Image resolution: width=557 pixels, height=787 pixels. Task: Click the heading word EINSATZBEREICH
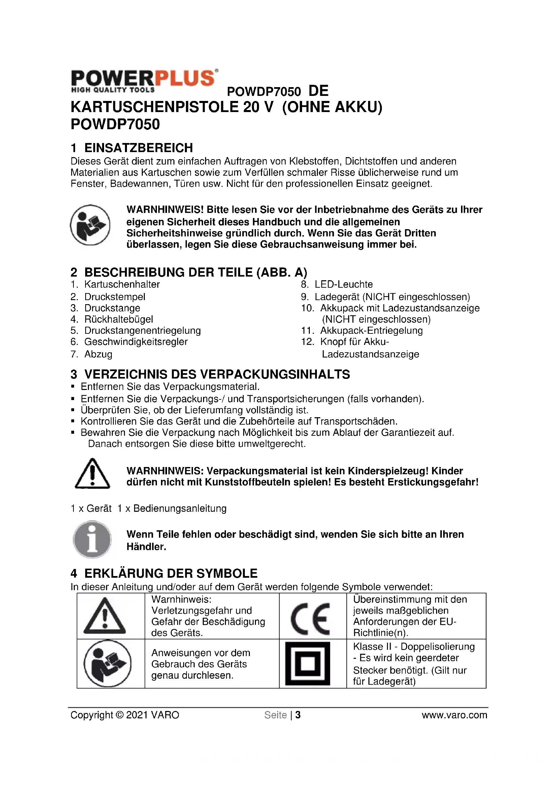click(138, 148)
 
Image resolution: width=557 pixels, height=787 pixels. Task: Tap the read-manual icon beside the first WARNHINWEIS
click(90, 225)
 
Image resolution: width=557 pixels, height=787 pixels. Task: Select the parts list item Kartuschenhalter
click(122, 284)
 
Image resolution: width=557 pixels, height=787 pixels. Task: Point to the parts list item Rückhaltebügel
click(119, 319)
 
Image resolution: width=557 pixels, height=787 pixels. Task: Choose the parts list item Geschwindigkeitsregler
click(136, 342)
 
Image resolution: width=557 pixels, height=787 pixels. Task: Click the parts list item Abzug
click(98, 354)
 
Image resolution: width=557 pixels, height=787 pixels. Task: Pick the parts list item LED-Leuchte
click(344, 284)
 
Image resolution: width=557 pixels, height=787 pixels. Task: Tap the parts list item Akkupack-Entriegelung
click(371, 330)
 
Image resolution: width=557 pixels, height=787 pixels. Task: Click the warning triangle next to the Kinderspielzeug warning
click(92, 473)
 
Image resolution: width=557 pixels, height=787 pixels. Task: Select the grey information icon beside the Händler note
click(92, 539)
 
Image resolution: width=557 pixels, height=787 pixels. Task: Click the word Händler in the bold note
click(146, 547)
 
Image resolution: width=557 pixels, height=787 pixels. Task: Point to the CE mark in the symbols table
click(311, 619)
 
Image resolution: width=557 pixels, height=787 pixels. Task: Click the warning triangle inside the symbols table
click(105, 617)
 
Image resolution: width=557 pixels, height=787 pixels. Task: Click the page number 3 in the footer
click(298, 715)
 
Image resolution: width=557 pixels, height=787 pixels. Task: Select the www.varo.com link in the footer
click(454, 715)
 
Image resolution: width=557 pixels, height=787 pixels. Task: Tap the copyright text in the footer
click(125, 715)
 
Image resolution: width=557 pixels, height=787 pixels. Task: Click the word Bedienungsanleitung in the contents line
click(180, 508)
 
